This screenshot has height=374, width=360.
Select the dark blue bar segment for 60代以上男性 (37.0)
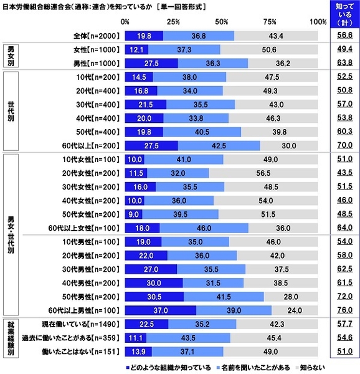coord(161,309)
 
